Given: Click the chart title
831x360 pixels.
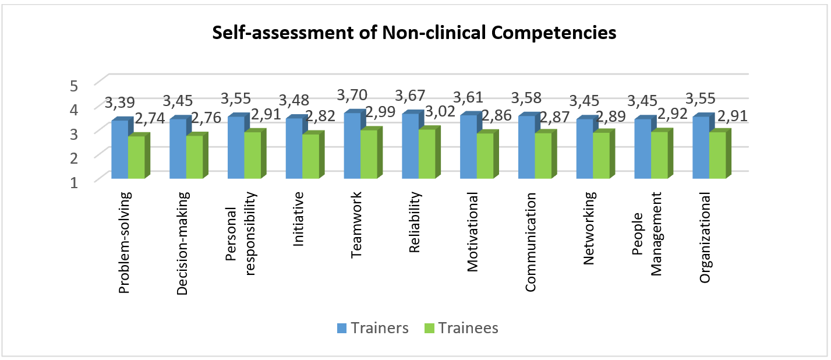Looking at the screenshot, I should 414,34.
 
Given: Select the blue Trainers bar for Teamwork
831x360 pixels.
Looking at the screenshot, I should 352,146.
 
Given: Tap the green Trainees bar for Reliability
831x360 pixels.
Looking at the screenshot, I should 427,154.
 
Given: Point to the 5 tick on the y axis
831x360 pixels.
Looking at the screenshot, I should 73,86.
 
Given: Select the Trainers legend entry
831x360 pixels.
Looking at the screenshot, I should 373,328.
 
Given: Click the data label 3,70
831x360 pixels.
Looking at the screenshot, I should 355,94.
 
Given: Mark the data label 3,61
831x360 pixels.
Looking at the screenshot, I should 471,98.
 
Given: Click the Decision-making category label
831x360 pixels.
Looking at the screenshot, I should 182,243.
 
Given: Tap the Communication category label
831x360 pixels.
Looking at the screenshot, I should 531,242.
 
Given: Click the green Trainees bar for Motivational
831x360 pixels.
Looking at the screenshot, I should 485,156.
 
